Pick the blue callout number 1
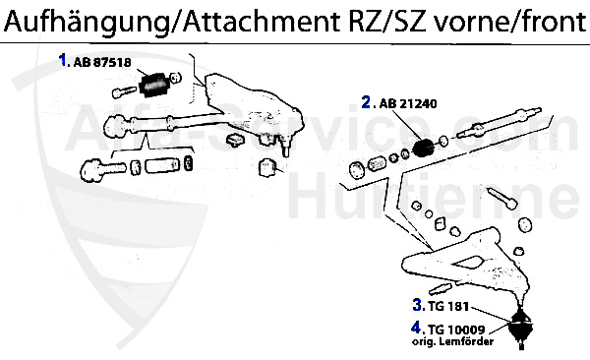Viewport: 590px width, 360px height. click(x=63, y=60)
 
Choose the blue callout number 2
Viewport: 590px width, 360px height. click(x=366, y=101)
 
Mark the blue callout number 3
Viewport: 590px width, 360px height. click(x=417, y=306)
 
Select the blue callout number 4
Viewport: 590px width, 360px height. click(x=417, y=328)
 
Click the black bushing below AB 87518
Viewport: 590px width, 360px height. click(x=153, y=87)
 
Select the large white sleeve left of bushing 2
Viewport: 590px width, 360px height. click(x=374, y=163)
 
